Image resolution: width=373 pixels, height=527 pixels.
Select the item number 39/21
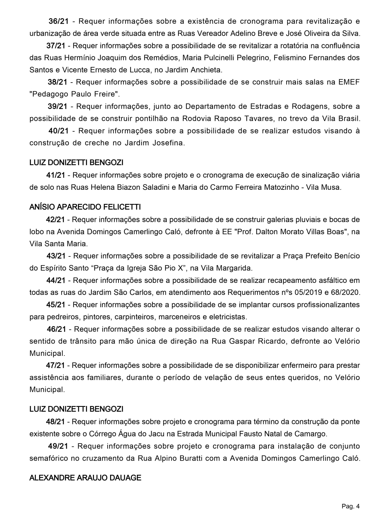click(57, 106)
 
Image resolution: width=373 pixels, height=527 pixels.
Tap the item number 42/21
click(55, 220)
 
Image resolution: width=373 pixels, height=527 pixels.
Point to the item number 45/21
click(56, 305)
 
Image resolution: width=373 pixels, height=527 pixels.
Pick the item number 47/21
click(55, 365)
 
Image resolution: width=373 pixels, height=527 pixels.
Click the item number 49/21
click(58, 446)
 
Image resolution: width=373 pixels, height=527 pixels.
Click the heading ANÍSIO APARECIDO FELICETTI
click(85, 207)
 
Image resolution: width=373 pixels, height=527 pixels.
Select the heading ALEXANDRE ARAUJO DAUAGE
click(85, 478)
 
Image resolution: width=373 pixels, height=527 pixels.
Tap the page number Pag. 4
click(350, 507)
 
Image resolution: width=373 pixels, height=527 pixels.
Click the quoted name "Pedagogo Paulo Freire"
click(73, 94)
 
